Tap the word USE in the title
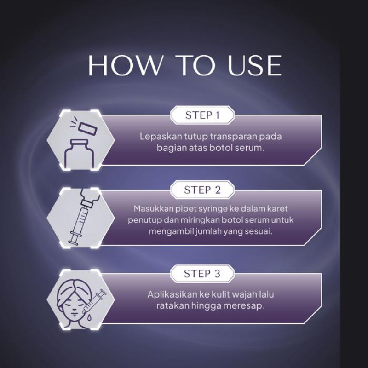click(254, 65)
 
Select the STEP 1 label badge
click(202, 115)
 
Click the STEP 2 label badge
click(202, 190)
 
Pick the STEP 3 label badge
click(202, 273)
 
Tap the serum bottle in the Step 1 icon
click(79, 154)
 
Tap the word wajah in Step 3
click(245, 294)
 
